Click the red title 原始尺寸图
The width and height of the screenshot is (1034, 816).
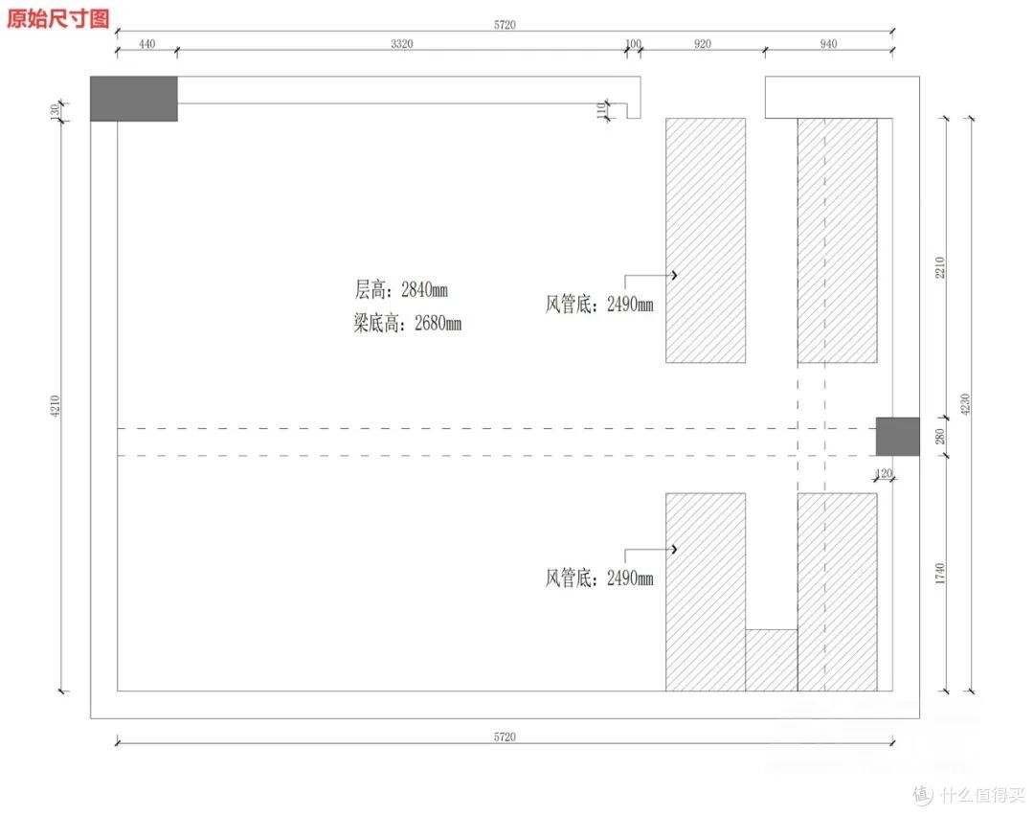tap(58, 18)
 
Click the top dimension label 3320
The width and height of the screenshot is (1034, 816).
tap(401, 43)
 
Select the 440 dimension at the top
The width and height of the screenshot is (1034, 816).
tap(147, 43)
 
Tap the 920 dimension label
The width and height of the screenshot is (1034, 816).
tap(703, 43)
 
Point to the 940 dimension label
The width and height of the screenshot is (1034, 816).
tap(828, 43)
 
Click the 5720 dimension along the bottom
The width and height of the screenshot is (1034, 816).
tap(505, 737)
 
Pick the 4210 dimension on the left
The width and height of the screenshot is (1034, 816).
tap(56, 406)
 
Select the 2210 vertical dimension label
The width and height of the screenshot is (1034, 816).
tap(940, 267)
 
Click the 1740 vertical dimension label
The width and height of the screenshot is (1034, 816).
tap(940, 574)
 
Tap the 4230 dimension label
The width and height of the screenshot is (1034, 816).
tap(965, 404)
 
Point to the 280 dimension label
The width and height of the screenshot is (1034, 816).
tap(940, 436)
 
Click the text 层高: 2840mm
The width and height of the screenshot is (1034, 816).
tap(401, 289)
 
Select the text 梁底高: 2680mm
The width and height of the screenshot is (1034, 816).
tap(407, 323)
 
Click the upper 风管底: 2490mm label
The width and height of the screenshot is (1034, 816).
tap(598, 305)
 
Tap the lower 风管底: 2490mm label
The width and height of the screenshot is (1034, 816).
tap(598, 578)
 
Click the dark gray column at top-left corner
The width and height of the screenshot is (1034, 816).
tap(134, 99)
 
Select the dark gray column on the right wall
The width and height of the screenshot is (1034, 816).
tap(897, 436)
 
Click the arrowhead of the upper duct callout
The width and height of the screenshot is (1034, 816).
tap(675, 275)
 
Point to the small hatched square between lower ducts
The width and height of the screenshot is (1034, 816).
tap(772, 660)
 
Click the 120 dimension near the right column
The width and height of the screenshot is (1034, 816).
tap(884, 472)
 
